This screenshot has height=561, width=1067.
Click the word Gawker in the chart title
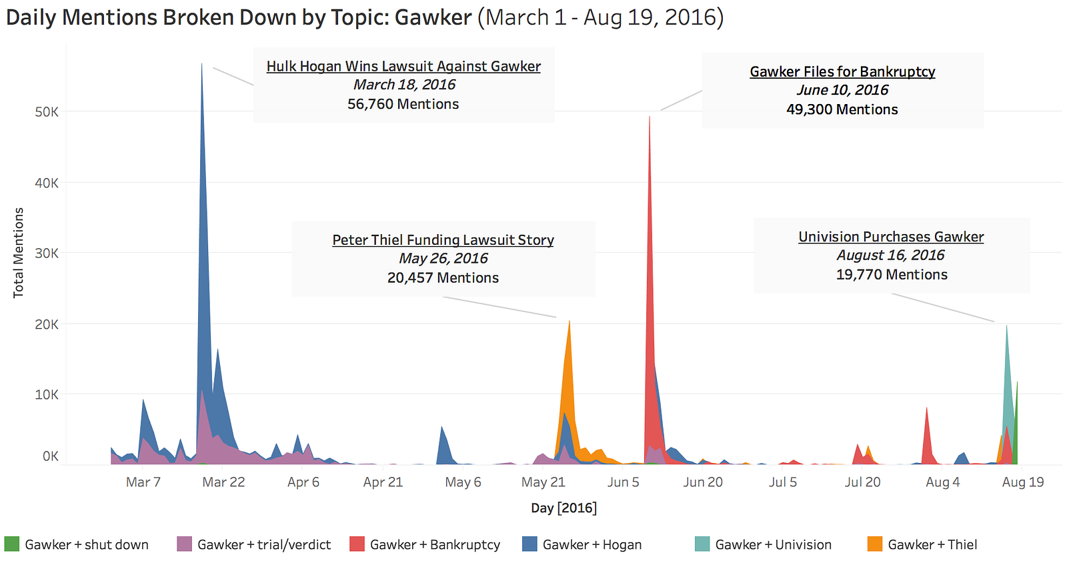click(433, 17)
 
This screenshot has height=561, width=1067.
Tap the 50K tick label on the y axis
click(47, 112)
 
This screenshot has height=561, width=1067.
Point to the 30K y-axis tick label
click(47, 253)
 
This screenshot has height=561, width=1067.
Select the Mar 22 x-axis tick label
click(223, 482)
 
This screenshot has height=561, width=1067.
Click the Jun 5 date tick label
click(623, 482)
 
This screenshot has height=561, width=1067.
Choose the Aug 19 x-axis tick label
click(1022, 482)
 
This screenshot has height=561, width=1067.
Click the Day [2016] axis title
click(564, 508)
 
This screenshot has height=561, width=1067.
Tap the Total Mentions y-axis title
click(19, 253)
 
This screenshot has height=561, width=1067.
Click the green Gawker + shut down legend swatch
click(12, 544)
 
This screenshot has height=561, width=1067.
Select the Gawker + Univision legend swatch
click(702, 544)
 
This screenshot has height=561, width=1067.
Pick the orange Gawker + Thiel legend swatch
click(875, 544)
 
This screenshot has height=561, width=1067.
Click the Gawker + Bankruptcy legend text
click(435, 545)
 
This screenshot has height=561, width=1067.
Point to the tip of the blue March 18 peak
click(202, 64)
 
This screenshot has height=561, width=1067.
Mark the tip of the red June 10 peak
click(650, 117)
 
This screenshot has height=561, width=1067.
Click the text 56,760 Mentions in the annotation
click(403, 104)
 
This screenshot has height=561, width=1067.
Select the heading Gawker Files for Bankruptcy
click(842, 71)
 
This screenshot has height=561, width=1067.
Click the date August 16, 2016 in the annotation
click(891, 255)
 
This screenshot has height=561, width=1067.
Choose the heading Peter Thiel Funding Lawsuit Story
click(443, 240)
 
